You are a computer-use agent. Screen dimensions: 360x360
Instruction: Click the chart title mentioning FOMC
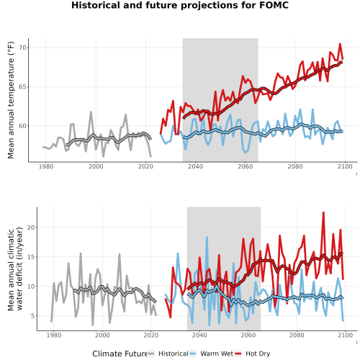point(180,5)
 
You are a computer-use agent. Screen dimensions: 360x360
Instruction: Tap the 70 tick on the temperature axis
point(22,48)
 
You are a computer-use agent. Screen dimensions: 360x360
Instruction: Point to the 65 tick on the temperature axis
point(22,87)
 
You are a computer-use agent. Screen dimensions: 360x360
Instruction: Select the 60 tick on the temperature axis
point(22,126)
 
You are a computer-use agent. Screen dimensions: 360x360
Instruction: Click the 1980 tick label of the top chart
point(46,166)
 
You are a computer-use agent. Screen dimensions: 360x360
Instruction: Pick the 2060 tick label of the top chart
point(246,166)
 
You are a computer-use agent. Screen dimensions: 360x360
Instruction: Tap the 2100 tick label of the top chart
point(345,166)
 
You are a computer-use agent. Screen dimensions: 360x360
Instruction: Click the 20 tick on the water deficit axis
point(31,228)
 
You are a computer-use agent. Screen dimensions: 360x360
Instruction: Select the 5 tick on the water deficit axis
point(32,316)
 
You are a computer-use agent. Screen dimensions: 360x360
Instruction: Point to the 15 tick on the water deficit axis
point(31,257)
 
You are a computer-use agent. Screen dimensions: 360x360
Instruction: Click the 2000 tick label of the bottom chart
point(102,335)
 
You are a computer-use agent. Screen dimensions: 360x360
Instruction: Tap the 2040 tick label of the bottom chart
point(199,335)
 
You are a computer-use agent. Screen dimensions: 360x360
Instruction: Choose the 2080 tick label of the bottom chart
point(297,335)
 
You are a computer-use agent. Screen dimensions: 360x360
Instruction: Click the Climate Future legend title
point(120,354)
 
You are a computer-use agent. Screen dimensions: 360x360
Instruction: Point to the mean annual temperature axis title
point(11,100)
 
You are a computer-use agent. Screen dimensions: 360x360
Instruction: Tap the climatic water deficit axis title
point(15,269)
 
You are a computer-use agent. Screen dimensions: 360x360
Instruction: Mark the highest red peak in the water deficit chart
point(323,212)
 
